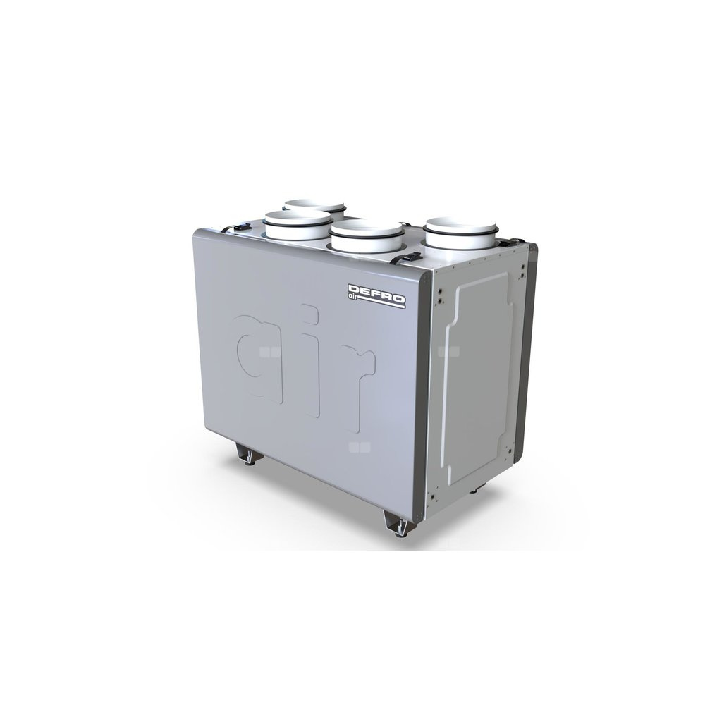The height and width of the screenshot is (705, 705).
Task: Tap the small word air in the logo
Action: tap(353, 295)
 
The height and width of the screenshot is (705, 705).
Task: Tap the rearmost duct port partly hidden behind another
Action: tap(315, 207)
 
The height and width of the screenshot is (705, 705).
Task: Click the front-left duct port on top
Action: tap(298, 225)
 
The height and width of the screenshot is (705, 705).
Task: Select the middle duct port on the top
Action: tap(366, 236)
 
